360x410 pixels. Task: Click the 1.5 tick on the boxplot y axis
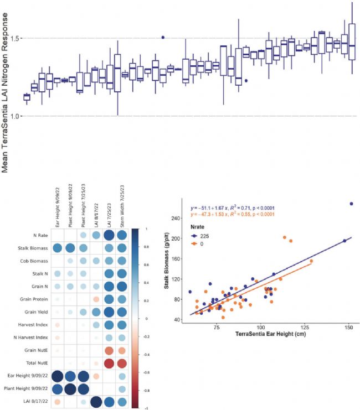coord(13,38)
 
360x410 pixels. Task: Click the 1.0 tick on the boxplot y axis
coord(13,116)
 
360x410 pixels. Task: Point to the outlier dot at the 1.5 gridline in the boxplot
coord(163,37)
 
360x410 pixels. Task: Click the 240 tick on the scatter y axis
coord(180,218)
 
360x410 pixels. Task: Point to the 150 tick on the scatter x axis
coord(349,328)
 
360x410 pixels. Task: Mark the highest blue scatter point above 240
coord(351,204)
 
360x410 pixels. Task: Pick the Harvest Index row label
coord(34,324)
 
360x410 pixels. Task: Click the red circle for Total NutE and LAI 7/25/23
coord(109,362)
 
